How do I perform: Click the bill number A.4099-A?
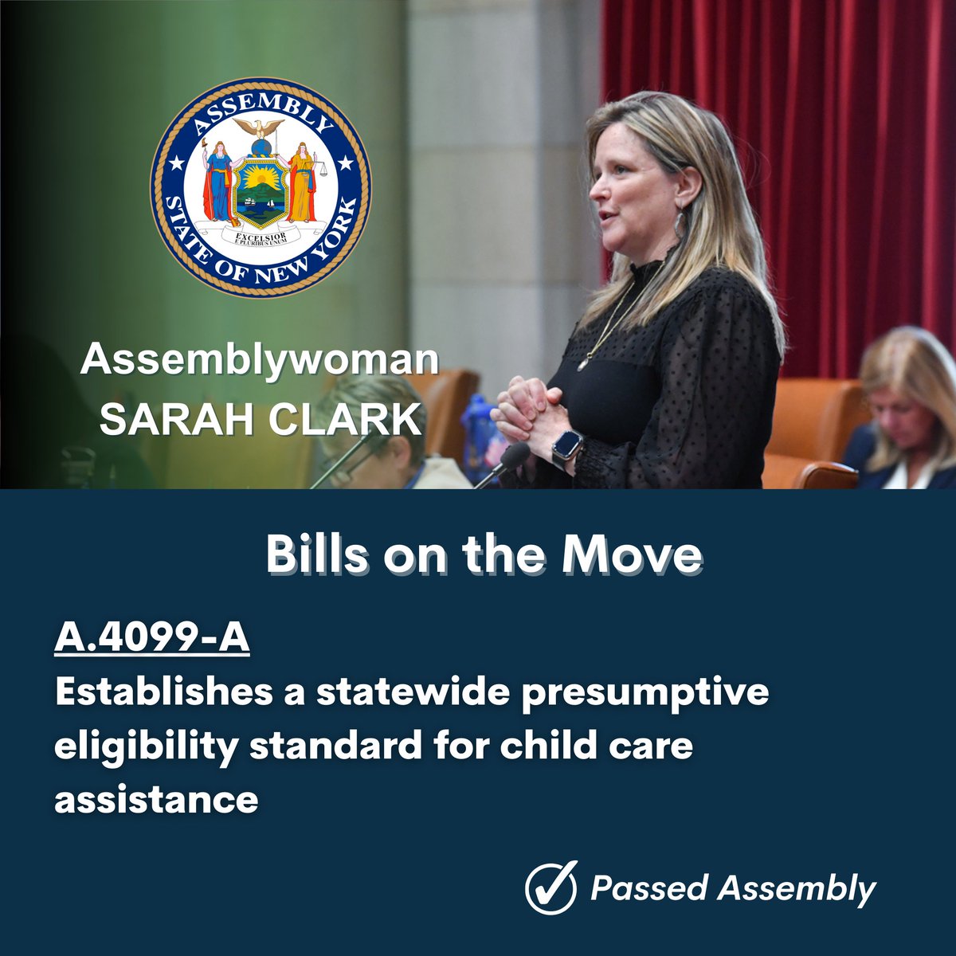tap(151, 640)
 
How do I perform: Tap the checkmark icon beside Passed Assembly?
tap(550, 888)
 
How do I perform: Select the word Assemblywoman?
tap(259, 360)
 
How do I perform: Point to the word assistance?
tap(156, 797)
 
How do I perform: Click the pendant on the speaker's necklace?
tap(583, 363)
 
